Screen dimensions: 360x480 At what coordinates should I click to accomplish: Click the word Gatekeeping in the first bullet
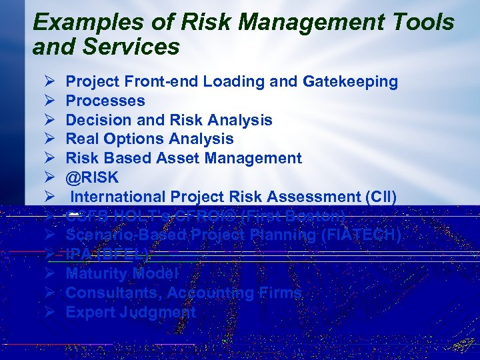(x=350, y=81)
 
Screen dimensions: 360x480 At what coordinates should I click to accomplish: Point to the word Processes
(x=105, y=101)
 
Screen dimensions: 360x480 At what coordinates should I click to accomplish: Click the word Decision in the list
(x=94, y=120)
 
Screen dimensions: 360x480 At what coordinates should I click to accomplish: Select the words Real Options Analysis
(x=149, y=139)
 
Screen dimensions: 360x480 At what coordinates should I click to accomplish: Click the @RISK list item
(x=92, y=177)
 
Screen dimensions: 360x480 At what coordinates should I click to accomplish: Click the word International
(x=118, y=197)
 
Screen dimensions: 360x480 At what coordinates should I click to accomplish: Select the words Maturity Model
(x=122, y=273)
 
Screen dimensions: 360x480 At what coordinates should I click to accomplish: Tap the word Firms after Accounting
(x=281, y=293)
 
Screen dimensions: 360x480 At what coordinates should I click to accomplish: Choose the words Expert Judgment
(x=131, y=312)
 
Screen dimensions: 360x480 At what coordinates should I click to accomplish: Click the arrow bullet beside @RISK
(x=49, y=177)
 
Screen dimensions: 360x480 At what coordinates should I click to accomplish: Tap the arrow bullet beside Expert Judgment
(x=49, y=312)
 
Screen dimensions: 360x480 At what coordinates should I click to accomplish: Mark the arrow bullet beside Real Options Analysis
(x=49, y=139)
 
